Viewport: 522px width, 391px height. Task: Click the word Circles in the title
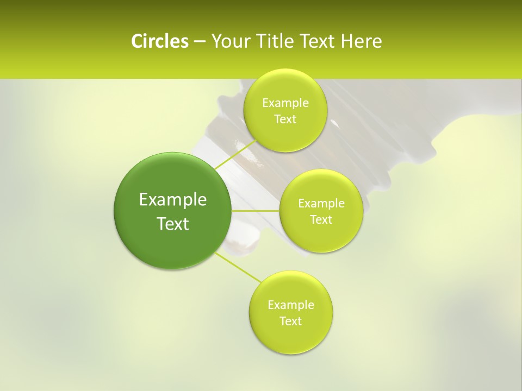159,41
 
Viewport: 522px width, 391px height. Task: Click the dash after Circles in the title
199,42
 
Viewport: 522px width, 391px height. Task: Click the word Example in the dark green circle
173,200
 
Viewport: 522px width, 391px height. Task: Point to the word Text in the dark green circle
173,224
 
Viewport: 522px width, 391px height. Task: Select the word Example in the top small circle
285,103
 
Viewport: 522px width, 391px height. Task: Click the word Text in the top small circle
285,119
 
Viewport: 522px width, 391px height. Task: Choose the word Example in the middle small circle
321,204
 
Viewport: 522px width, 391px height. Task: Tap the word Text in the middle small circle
321,220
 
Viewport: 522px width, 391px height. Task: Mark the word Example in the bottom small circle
291,305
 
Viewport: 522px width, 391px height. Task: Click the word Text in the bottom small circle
290,321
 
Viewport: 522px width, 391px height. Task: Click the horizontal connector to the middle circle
255,210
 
